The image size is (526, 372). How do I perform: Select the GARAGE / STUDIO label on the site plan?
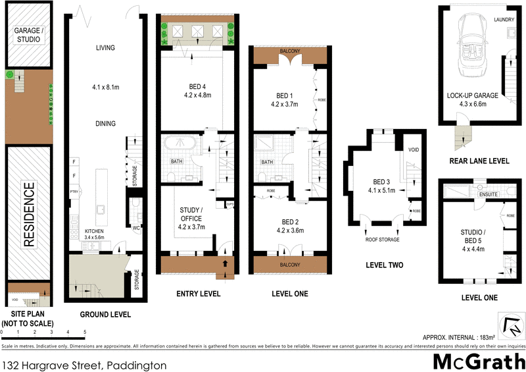click(x=28, y=35)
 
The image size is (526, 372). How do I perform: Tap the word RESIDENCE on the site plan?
click(x=28, y=215)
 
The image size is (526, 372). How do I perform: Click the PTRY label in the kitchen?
click(x=74, y=192)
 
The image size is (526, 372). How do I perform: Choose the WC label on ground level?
click(x=135, y=228)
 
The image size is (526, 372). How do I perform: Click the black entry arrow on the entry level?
click(x=226, y=263)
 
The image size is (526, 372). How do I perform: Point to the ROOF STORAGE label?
click(x=383, y=240)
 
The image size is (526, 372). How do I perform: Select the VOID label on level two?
click(x=413, y=149)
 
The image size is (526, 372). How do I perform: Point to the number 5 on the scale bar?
click(x=85, y=332)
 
